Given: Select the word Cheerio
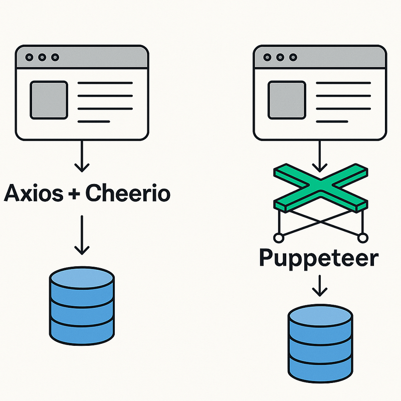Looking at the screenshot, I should point(127,193).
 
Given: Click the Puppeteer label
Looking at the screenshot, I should point(319,259).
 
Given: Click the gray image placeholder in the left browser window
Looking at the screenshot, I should point(49,100).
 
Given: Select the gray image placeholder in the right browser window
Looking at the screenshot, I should point(287,100).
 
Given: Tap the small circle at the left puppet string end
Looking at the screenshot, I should point(276,236).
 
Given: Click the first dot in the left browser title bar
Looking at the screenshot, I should point(29,58).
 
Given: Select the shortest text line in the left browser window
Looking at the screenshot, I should point(94,121).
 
